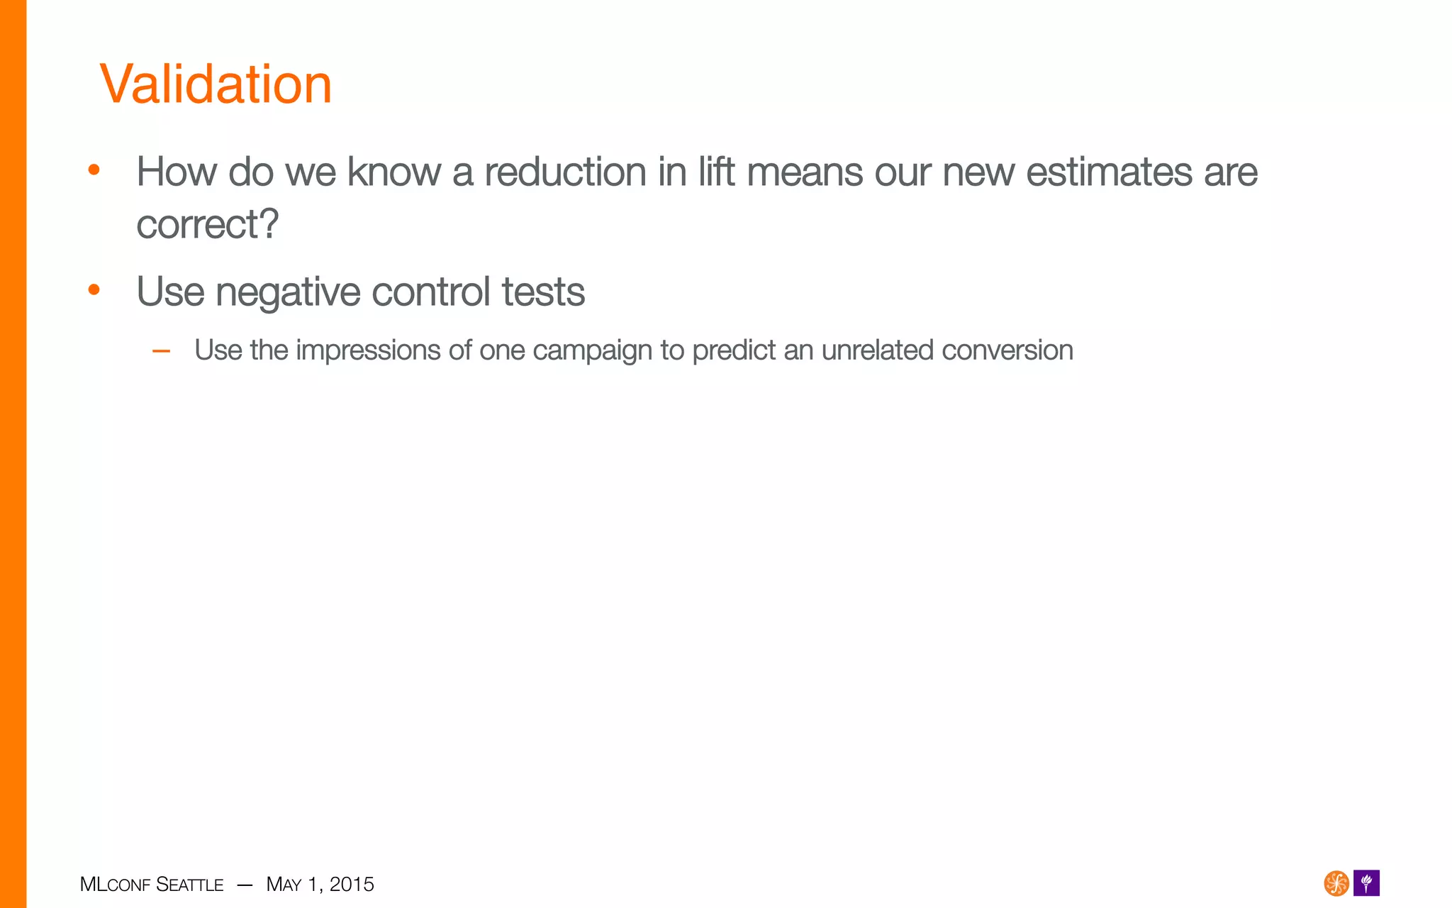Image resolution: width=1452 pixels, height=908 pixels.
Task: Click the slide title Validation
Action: click(x=216, y=84)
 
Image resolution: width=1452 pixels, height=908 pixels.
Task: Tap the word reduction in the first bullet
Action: click(x=565, y=172)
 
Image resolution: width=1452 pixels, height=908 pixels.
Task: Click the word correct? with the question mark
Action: click(x=208, y=225)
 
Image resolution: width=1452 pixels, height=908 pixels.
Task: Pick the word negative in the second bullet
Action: click(x=288, y=292)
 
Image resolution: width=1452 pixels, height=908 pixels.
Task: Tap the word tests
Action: click(x=543, y=292)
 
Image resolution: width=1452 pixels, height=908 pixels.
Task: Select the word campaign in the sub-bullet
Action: click(x=592, y=350)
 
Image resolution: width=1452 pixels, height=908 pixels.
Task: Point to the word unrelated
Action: click(x=877, y=350)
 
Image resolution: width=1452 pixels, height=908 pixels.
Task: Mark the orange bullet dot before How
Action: click(x=94, y=170)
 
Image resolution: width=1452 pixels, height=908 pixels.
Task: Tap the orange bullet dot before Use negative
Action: click(x=94, y=289)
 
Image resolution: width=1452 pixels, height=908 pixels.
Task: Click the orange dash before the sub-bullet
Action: click(x=161, y=350)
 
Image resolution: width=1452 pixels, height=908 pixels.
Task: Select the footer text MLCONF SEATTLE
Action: click(x=152, y=885)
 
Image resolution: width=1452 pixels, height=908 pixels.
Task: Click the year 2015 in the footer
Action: click(x=352, y=885)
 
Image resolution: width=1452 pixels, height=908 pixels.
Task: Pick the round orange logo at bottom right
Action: click(x=1336, y=883)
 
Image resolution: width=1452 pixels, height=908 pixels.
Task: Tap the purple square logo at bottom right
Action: click(x=1366, y=883)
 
